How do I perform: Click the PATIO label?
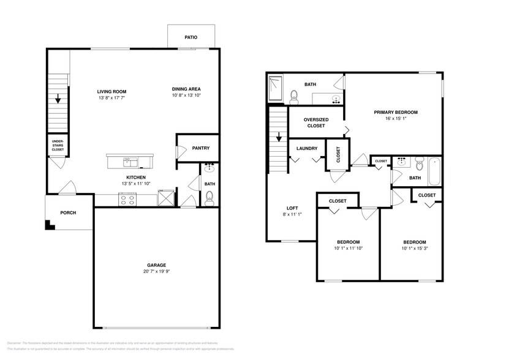191,37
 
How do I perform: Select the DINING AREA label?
186,89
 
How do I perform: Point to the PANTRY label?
201,148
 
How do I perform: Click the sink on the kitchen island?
130,162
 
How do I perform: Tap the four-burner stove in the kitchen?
129,198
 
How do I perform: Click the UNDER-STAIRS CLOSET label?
58,144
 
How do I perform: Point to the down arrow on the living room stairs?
58,98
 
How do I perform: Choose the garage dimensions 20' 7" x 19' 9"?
157,271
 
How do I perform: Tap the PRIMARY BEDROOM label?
396,112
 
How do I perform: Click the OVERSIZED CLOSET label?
317,122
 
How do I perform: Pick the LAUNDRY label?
306,149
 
